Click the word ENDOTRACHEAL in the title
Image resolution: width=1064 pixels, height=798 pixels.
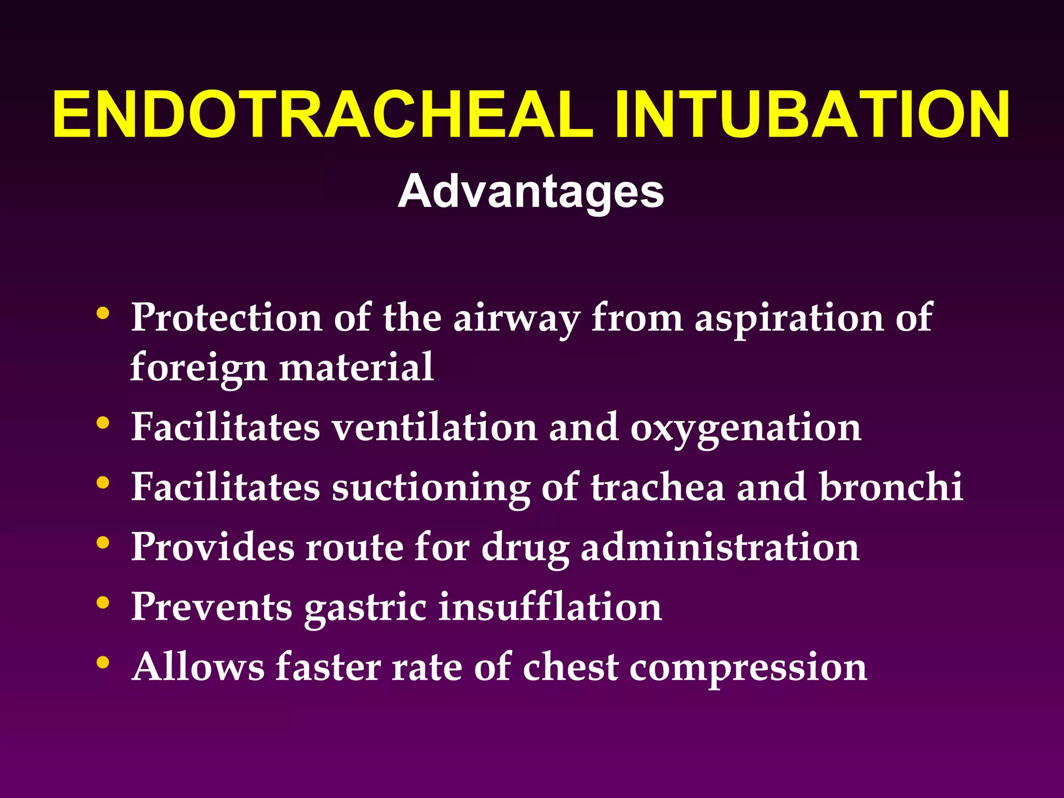[x=322, y=115]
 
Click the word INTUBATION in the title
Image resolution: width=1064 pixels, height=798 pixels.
[x=812, y=115]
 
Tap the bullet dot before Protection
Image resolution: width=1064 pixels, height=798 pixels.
[x=103, y=313]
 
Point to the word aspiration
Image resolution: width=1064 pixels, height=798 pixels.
[x=789, y=318]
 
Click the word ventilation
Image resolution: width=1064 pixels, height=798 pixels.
[x=435, y=427]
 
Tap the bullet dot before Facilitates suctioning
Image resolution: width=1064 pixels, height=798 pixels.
[x=103, y=483]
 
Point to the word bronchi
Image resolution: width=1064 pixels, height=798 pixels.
[x=891, y=487]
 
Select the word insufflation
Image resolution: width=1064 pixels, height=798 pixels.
[x=550, y=606]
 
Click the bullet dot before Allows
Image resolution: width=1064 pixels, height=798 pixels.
[x=103, y=662]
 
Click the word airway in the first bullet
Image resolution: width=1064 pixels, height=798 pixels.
[x=516, y=318]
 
